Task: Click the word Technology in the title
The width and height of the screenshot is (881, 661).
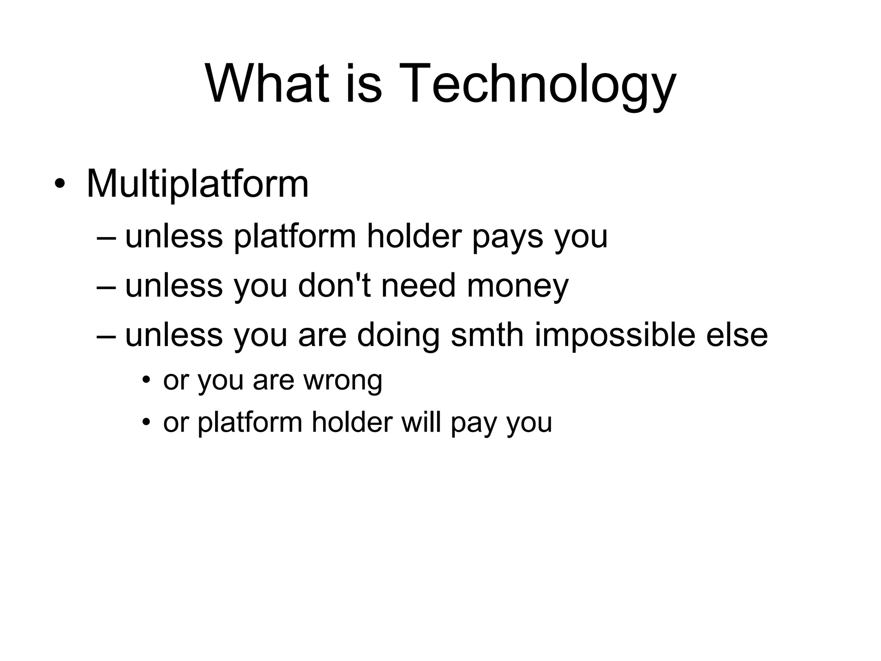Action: (536, 84)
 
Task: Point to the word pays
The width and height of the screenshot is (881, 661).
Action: (508, 238)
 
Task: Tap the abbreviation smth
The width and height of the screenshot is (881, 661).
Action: (487, 335)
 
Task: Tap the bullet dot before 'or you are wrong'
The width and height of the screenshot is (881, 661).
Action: (147, 380)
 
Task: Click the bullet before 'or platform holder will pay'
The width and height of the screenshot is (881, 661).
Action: (147, 423)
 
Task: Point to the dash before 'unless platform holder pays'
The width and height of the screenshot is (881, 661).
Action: (106, 238)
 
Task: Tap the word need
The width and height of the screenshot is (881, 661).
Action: (418, 286)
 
